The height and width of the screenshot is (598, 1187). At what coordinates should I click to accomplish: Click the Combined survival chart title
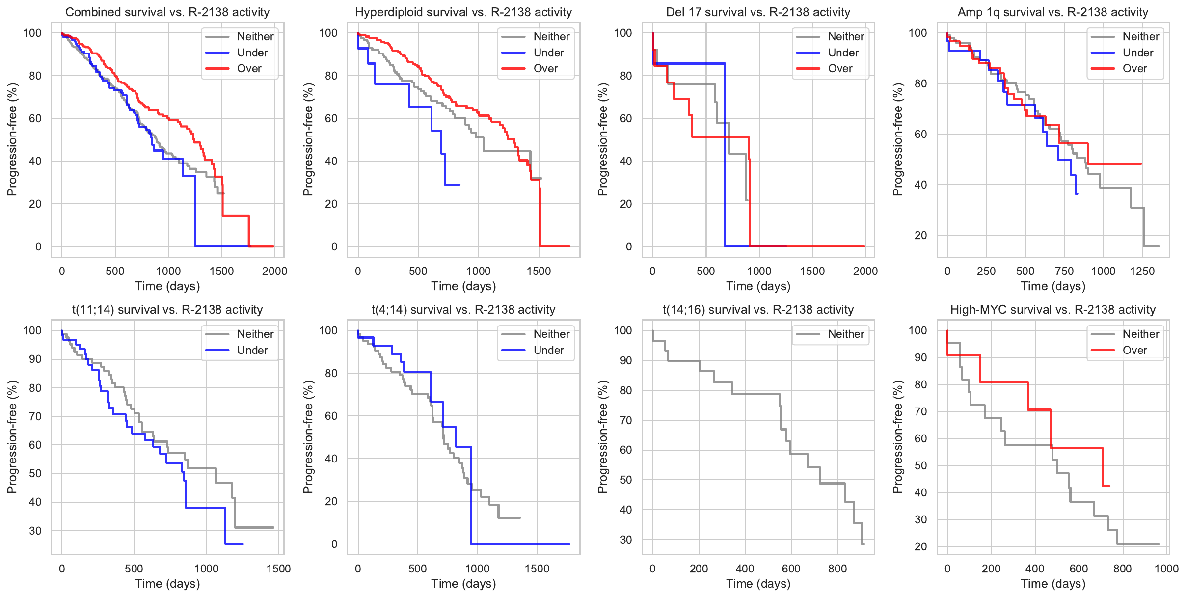[x=167, y=12]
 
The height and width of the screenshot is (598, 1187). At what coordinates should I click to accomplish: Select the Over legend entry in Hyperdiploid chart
[x=545, y=69]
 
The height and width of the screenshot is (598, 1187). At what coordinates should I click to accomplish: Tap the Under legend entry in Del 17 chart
[x=843, y=53]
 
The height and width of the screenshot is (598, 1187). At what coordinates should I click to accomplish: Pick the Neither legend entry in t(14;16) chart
[x=845, y=334]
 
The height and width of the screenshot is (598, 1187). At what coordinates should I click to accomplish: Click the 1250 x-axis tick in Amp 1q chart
[x=1142, y=272]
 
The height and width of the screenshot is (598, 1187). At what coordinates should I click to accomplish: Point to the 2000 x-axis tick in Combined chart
[x=274, y=272]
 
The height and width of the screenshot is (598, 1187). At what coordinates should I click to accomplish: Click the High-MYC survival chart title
[x=1052, y=310]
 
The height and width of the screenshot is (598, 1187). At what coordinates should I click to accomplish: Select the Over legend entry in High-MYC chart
[x=1134, y=351]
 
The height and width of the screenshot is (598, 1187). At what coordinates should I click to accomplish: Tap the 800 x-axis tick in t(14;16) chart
[x=837, y=569]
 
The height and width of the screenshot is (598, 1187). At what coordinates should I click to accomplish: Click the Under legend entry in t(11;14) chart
[x=252, y=351]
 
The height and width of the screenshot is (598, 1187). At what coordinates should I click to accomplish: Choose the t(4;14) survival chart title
[x=463, y=310]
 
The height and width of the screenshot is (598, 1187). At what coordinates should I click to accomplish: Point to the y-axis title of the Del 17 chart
[x=603, y=139]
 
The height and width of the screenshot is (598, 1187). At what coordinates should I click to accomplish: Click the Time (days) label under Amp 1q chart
[x=1052, y=286]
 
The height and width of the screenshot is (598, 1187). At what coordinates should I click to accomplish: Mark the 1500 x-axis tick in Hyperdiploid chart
[x=539, y=272]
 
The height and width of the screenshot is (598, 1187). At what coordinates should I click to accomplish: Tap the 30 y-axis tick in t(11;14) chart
[x=35, y=531]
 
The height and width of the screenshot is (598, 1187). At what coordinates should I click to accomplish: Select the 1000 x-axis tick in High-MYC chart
[x=1166, y=569]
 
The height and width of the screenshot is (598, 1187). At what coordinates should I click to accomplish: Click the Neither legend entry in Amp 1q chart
[x=1140, y=37]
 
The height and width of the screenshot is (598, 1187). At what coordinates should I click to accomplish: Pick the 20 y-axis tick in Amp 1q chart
[x=920, y=236]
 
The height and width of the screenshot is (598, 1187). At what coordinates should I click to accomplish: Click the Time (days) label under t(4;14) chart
[x=463, y=584]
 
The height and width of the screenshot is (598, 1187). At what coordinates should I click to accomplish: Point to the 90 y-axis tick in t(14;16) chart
[x=626, y=361]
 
